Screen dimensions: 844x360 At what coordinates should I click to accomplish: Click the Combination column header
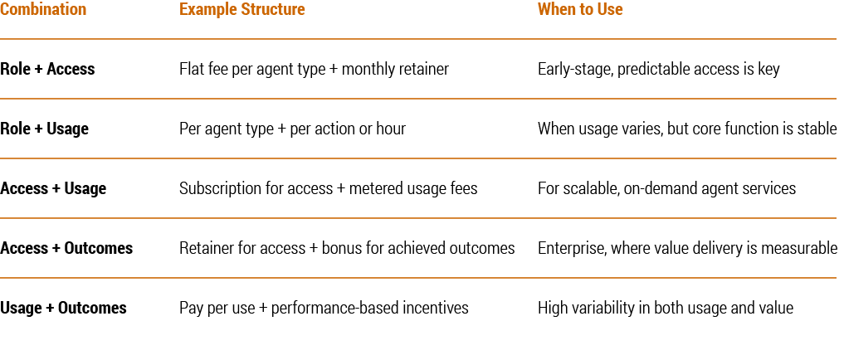tap(43, 10)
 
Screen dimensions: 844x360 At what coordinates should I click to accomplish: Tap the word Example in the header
tap(202, 10)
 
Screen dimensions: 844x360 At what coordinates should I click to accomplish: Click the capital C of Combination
tap(4, 10)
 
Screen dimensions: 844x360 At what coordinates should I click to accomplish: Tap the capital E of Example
tap(183, 10)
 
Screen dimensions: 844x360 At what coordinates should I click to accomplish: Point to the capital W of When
tap(544, 10)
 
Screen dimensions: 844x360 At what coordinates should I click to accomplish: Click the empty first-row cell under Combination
tap(83, 69)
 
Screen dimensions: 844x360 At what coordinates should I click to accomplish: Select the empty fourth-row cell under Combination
tap(83, 248)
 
